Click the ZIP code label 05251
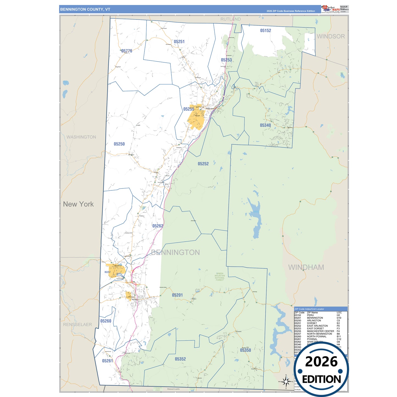click(179, 42)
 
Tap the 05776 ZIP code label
click(127, 51)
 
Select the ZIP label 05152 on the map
click(266, 31)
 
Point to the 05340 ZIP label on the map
click(265, 125)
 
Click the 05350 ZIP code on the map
click(245, 350)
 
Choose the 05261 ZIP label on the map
click(107, 361)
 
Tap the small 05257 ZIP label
click(107, 272)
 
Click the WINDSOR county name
click(331, 37)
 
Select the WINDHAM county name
click(306, 267)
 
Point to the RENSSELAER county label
click(77, 324)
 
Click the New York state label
click(78, 204)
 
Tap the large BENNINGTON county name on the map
click(176, 252)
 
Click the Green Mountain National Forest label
click(220, 277)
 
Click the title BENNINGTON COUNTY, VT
click(85, 9)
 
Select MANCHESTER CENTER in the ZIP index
click(320, 331)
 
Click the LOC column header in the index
click(339, 313)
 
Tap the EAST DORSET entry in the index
click(315, 329)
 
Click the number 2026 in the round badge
click(321, 362)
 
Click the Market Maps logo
click(331, 9)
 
